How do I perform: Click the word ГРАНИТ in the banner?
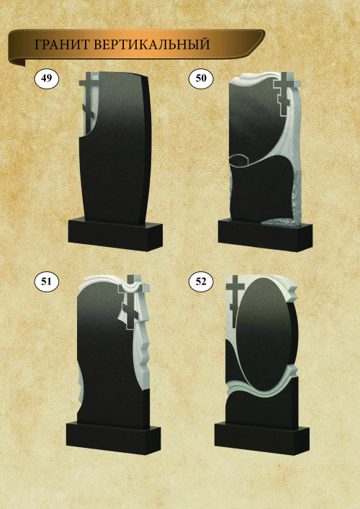[62, 45]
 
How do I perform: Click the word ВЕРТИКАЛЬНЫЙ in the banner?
[152, 45]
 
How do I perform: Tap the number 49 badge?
[47, 78]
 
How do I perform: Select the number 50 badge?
[201, 78]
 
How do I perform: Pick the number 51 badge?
[47, 281]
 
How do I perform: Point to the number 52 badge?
[201, 281]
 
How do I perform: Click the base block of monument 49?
[115, 235]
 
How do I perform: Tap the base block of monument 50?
[265, 235]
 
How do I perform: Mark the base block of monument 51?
[113, 438]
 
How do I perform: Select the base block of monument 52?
[261, 438]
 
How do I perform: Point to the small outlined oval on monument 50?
[239, 160]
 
